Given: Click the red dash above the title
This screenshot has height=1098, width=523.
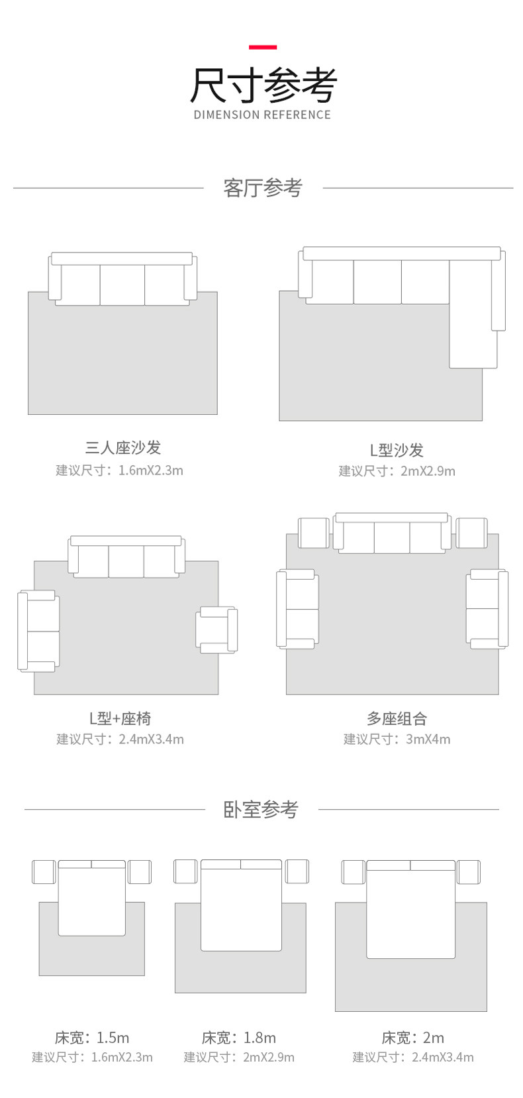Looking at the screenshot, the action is [262, 47].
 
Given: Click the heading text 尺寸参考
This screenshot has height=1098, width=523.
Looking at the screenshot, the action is [263, 85].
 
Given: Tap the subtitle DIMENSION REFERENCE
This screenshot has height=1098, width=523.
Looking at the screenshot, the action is [262, 115].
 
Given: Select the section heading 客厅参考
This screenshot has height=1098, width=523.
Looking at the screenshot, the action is [262, 188].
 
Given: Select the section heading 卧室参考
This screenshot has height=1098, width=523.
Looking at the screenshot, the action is [261, 809].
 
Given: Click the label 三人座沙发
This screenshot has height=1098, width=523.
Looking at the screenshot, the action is [123, 448].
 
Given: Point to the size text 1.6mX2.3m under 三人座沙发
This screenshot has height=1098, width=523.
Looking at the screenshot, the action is [150, 470].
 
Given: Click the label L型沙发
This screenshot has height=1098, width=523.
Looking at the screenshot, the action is [397, 451].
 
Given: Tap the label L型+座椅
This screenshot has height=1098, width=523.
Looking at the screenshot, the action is [120, 718].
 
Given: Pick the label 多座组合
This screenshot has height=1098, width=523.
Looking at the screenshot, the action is [397, 718].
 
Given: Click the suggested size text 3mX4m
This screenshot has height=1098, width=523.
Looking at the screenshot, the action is [428, 740].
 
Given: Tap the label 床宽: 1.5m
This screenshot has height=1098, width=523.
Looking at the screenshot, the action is [92, 1038].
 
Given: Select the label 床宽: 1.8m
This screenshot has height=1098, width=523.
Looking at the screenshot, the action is [239, 1038].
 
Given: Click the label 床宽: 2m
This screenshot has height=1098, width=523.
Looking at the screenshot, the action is [412, 1038].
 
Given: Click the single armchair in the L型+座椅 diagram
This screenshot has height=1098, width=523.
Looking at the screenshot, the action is [216, 629].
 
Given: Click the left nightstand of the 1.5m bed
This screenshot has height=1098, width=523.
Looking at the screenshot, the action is [44, 872].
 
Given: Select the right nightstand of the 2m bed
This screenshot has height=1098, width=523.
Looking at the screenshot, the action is [468, 872].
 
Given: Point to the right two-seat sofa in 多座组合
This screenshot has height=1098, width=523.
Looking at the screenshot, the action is [487, 609].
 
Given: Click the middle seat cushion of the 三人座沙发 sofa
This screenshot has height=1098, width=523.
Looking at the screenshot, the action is [122, 285].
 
